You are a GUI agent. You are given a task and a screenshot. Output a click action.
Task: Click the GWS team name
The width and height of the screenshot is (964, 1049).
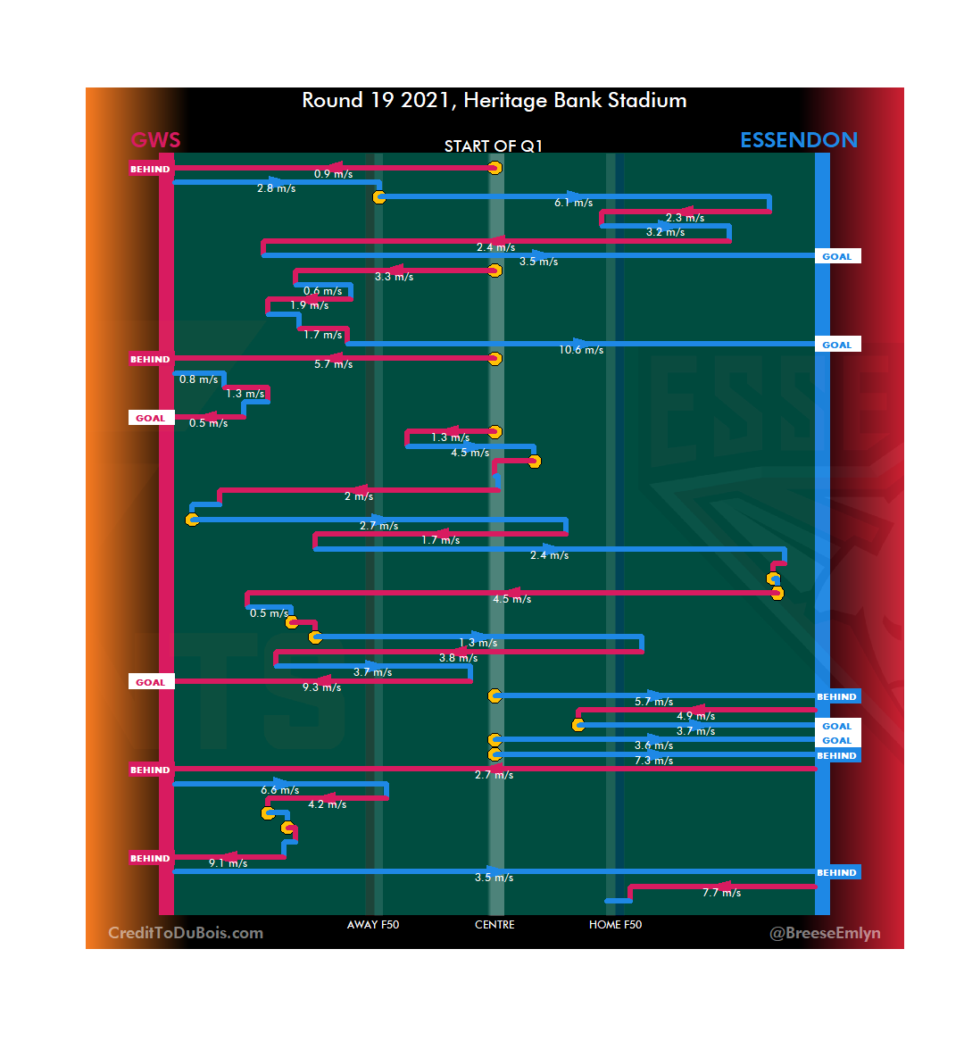(x=155, y=140)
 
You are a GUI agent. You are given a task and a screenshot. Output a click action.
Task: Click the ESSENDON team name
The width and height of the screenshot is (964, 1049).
(x=798, y=140)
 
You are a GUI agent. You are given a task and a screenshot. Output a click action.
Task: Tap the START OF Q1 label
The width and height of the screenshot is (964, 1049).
(x=494, y=146)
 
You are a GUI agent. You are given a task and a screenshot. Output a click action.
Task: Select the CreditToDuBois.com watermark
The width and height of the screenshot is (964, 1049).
(x=186, y=933)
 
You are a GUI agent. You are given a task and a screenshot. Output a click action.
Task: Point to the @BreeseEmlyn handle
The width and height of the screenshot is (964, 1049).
(x=825, y=933)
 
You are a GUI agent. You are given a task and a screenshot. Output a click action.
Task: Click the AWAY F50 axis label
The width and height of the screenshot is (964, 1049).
(x=373, y=925)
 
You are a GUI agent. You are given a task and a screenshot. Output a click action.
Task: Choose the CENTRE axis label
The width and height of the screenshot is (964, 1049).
(x=494, y=925)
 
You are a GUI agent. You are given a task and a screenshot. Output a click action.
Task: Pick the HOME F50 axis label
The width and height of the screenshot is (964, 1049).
(x=615, y=925)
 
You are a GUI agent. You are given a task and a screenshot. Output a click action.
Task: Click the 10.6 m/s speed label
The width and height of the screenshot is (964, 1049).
(x=581, y=350)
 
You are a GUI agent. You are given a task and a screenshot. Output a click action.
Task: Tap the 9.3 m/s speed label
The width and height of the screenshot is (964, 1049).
(x=321, y=687)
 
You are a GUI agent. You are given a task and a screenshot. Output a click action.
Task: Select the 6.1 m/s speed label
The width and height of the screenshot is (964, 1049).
(x=573, y=203)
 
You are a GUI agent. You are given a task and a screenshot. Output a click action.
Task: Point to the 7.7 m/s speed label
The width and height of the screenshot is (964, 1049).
(x=721, y=893)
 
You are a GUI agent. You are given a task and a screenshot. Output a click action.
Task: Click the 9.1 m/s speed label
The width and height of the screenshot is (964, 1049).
(x=228, y=863)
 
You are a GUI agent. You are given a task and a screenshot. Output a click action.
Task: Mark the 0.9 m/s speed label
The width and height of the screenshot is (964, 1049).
(x=333, y=174)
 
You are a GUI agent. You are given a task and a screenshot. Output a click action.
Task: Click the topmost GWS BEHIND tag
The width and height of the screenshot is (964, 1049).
(x=150, y=169)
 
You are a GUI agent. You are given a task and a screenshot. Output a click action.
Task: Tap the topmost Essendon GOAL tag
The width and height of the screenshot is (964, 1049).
(x=836, y=256)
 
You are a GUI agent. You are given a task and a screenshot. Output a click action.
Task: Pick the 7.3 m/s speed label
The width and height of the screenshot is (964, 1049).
(x=653, y=761)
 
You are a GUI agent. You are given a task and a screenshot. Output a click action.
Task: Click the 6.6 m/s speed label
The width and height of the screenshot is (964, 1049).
(x=279, y=790)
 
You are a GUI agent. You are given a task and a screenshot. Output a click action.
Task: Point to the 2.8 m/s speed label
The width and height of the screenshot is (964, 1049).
(x=276, y=188)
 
